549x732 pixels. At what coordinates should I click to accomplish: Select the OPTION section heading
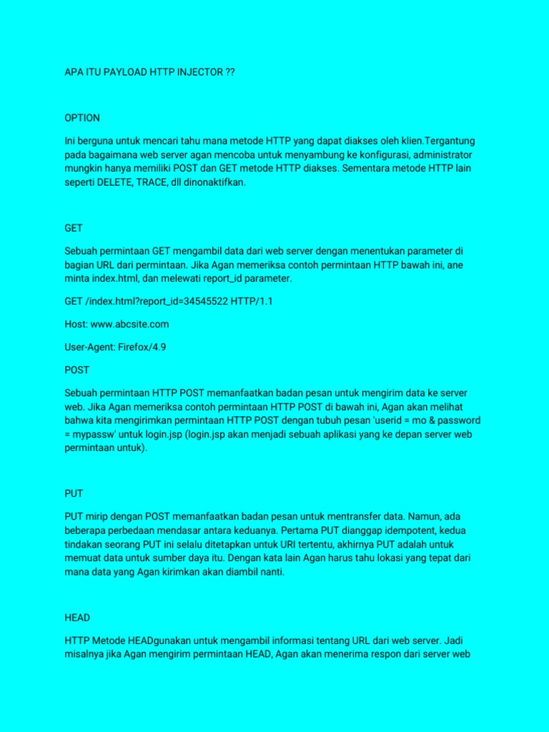(x=82, y=117)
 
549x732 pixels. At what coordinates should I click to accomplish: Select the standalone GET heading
(x=74, y=228)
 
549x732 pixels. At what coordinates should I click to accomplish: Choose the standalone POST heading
(x=77, y=370)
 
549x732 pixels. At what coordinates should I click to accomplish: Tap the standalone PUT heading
(x=74, y=493)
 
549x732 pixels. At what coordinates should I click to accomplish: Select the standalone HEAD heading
(x=77, y=617)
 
